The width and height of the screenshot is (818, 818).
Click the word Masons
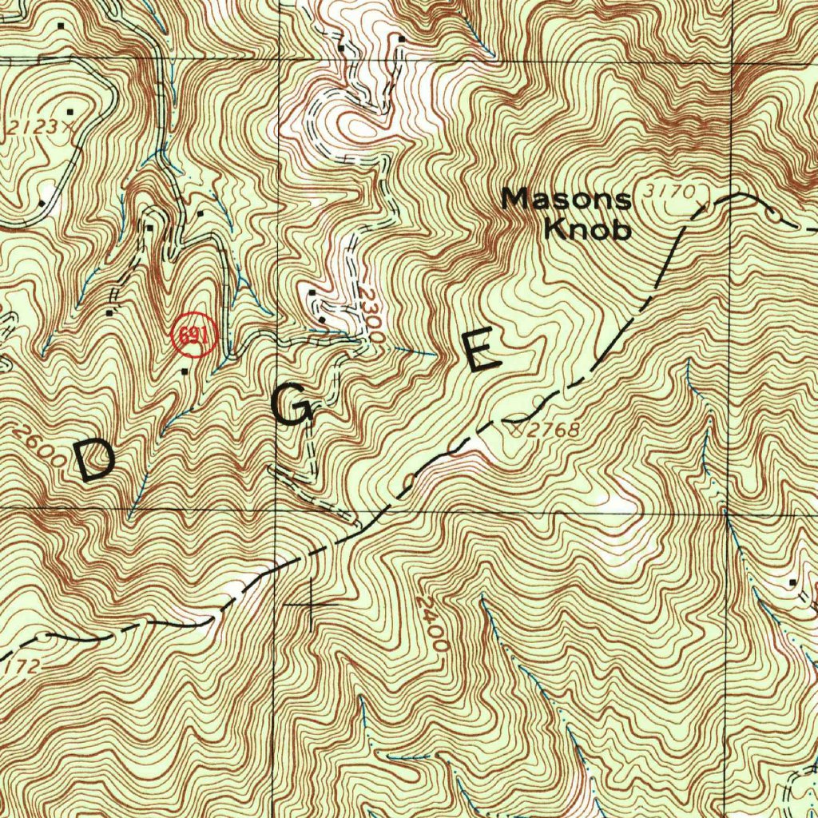point(566,199)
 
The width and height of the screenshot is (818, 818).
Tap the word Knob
point(587,229)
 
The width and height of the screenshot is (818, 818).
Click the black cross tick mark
point(311,605)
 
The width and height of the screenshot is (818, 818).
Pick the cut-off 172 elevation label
point(16,662)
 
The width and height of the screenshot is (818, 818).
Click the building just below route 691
point(186,371)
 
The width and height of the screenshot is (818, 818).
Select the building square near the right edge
point(792,582)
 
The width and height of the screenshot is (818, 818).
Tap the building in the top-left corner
point(62,26)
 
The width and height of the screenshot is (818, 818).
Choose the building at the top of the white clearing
point(341,48)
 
